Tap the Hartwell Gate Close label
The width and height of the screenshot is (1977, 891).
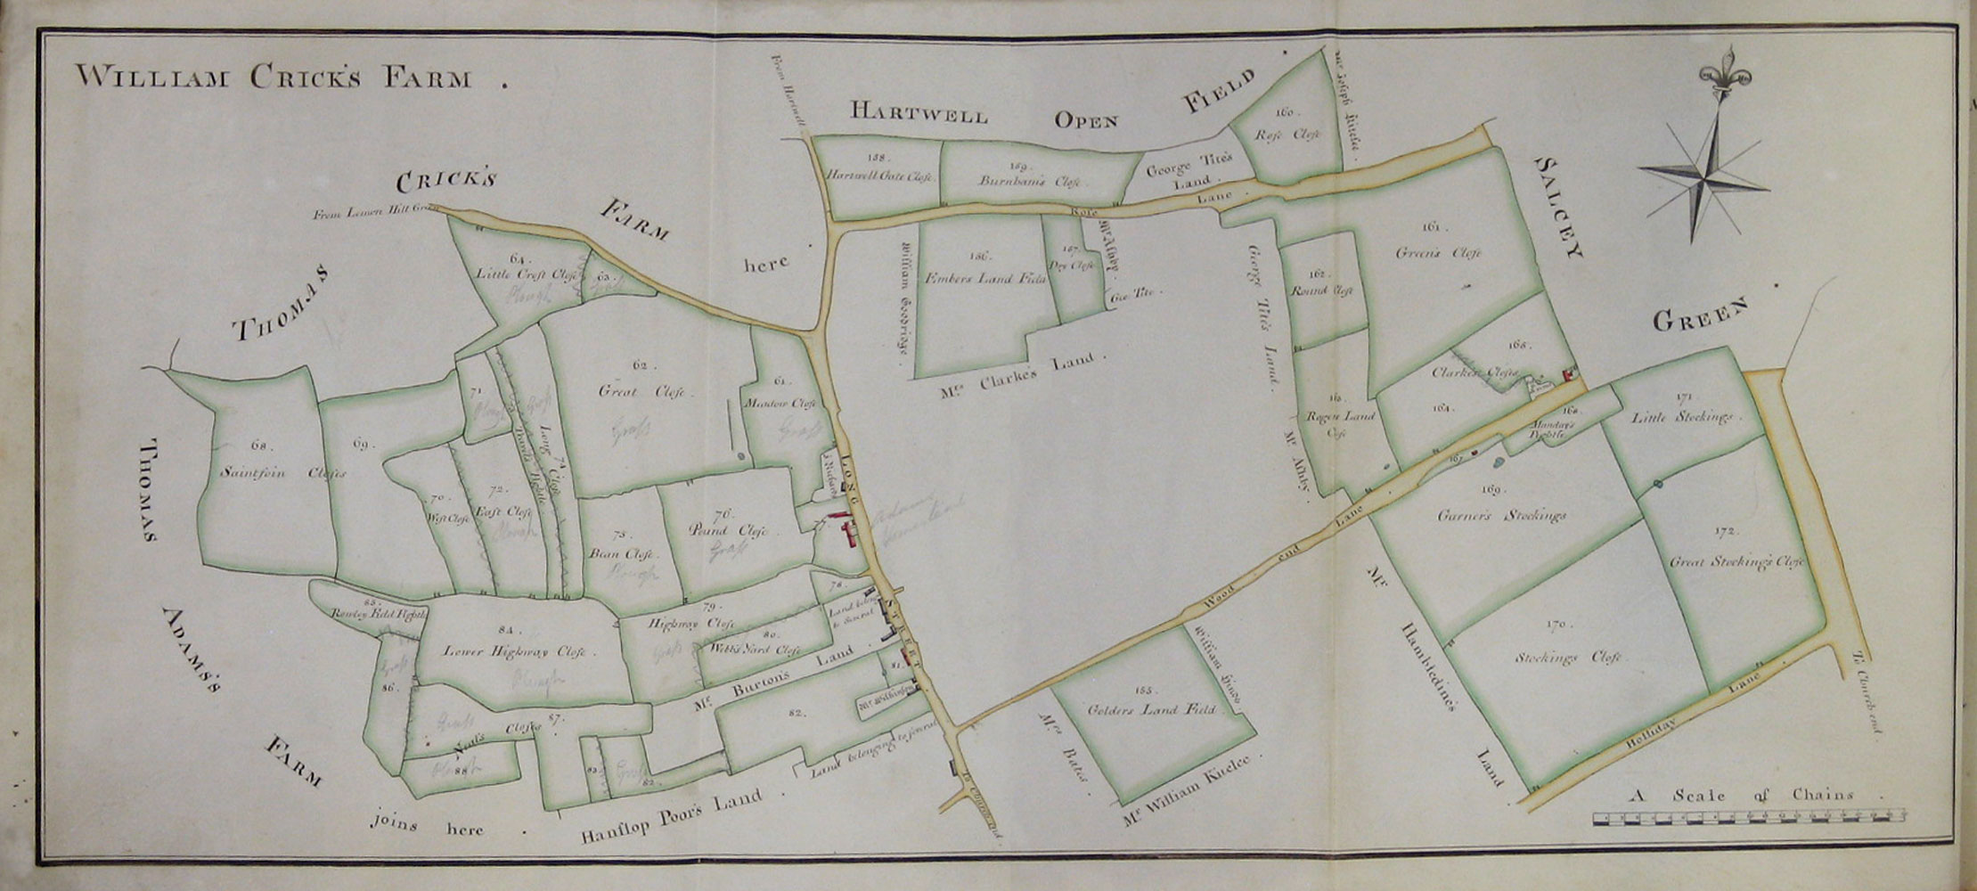click(878, 176)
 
